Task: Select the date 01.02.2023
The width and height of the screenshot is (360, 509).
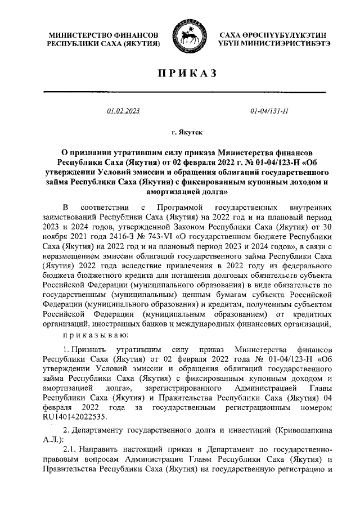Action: click(x=123, y=111)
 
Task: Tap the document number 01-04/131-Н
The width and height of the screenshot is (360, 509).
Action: click(x=269, y=111)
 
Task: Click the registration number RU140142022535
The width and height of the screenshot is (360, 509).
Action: click(x=79, y=417)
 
